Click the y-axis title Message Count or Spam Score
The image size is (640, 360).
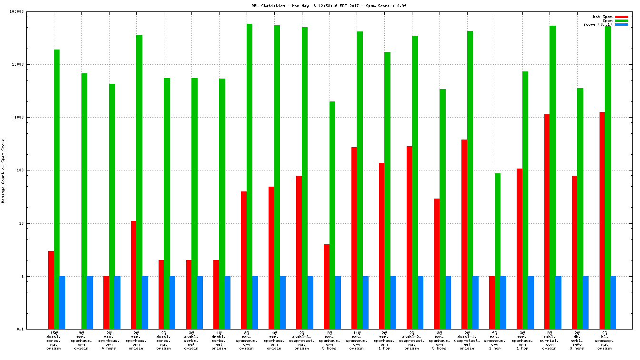pos(3,171)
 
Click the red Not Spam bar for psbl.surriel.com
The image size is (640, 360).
pos(547,221)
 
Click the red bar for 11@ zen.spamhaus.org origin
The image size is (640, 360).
pos(354,238)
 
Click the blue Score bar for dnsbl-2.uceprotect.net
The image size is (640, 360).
pos(420,302)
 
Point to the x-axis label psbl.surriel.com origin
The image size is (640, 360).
pos(550,340)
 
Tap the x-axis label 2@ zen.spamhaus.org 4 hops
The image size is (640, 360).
pos(109,340)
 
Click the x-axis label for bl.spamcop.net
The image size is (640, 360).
pos(605,340)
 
